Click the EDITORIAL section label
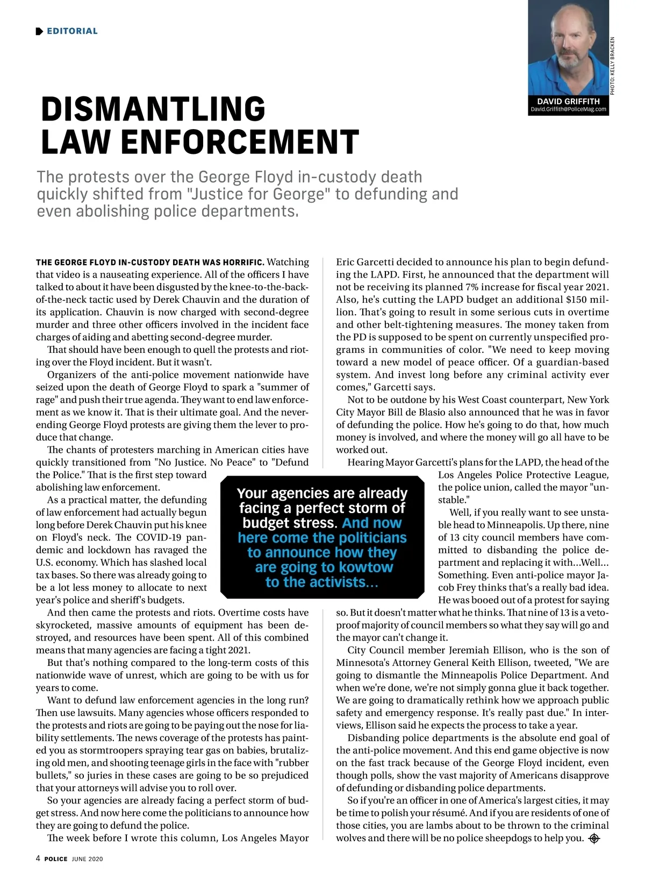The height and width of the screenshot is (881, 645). (72, 31)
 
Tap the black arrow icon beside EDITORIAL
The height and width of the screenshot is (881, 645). (39, 31)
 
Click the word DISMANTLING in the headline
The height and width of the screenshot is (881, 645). (153, 109)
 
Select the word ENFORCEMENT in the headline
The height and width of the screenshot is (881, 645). (240, 142)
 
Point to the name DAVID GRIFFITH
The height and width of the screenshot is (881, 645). (568, 101)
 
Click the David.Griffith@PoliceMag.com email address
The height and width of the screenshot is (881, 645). (568, 109)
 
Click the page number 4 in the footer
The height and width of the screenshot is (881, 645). (38, 858)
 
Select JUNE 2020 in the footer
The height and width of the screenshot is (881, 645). (87, 859)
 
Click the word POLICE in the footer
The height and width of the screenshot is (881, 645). (56, 859)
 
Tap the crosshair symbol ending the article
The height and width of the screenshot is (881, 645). (594, 839)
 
